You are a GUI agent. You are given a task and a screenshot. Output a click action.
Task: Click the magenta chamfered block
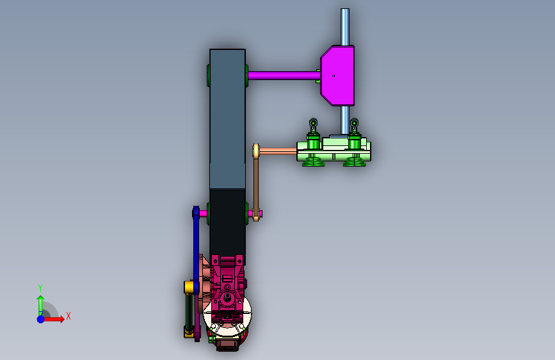coord(337,76)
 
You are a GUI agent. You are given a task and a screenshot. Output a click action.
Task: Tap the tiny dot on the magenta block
coord(334,76)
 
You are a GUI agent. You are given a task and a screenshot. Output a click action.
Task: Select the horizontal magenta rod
coord(284,76)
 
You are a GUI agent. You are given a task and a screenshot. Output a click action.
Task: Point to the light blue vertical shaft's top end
coord(345,9)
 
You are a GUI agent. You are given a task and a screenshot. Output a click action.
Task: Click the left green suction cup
coord(313,161)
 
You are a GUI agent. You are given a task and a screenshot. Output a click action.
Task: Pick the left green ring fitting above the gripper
coord(313,123)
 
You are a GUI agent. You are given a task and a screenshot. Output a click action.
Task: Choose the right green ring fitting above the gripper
coord(354,123)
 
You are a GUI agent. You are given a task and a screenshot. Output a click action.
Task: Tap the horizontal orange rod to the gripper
coord(278,152)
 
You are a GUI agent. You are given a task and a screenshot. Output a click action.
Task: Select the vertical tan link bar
coord(256,183)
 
